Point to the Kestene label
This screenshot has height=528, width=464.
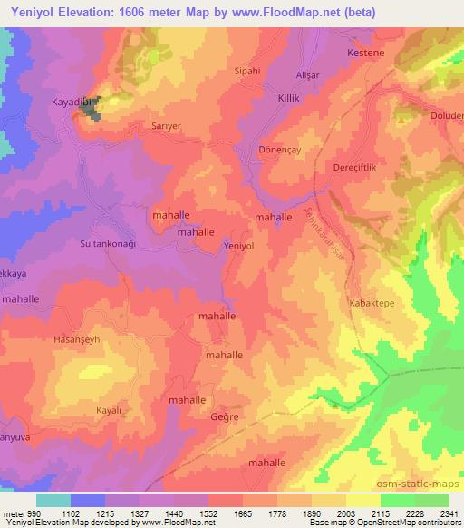[x=364, y=53]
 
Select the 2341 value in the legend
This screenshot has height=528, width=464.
[x=444, y=513]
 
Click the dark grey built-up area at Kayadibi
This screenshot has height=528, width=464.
[x=93, y=107]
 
